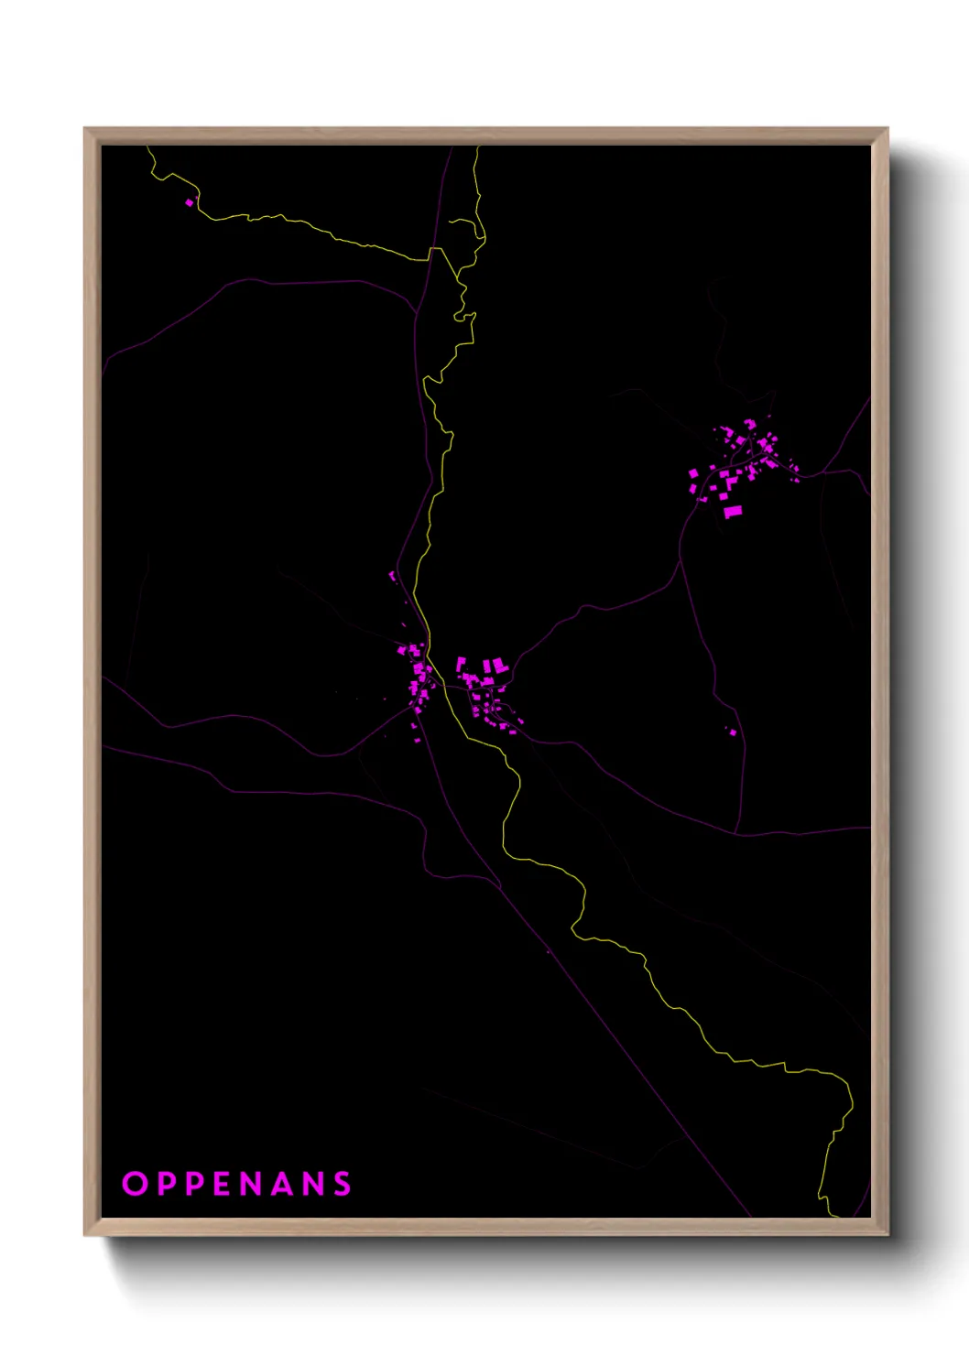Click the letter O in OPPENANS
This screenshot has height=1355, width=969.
click(x=135, y=1184)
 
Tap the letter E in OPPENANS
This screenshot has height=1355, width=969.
click(x=223, y=1184)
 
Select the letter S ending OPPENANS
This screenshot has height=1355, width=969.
click(x=343, y=1184)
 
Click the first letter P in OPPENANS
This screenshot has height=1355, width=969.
click(x=166, y=1184)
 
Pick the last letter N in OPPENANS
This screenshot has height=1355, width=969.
click(x=313, y=1184)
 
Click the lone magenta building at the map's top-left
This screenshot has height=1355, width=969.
click(x=190, y=202)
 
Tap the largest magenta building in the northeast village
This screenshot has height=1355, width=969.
click(x=733, y=512)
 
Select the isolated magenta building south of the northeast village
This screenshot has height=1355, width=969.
click(x=732, y=731)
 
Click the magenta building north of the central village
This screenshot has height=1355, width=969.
click(x=393, y=576)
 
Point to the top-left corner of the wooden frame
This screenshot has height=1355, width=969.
click(x=85, y=129)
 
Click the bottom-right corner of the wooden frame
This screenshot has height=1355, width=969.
click(x=887, y=1234)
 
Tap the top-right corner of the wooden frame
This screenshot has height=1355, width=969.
click(x=887, y=129)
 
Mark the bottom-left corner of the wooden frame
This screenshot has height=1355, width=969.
click(x=85, y=1234)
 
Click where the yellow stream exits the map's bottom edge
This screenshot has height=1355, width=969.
click(x=835, y=1216)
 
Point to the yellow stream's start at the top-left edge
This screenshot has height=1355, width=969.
click(x=147, y=146)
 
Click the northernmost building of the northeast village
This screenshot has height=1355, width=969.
click(x=750, y=423)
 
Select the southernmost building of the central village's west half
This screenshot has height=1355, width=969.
click(x=417, y=738)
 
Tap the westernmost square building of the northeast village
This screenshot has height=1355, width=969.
click(x=693, y=473)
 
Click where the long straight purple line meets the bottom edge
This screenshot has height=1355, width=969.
click(x=751, y=1216)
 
